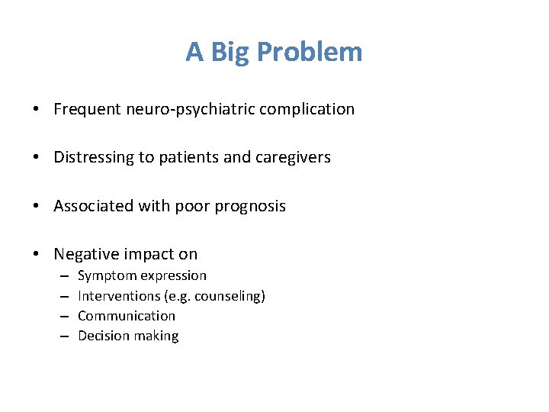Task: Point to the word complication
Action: tap(307, 109)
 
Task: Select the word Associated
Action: tap(91, 206)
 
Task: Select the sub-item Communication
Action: tap(127, 316)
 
